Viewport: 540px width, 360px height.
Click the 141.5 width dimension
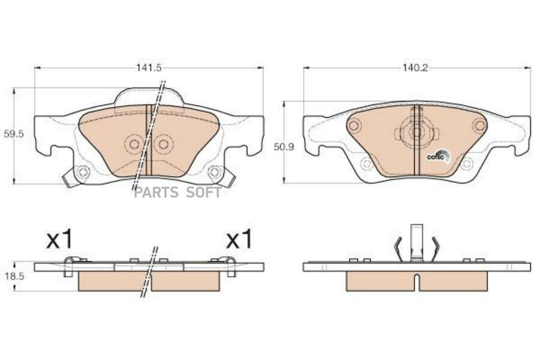(x=149, y=68)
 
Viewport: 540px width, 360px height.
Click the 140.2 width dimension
(x=415, y=68)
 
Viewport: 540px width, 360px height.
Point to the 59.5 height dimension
(x=14, y=134)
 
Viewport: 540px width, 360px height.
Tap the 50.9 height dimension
(x=284, y=147)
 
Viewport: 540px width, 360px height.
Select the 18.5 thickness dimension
(x=14, y=276)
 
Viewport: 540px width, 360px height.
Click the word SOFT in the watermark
(x=203, y=193)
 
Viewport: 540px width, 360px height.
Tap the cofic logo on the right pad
(x=438, y=156)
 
